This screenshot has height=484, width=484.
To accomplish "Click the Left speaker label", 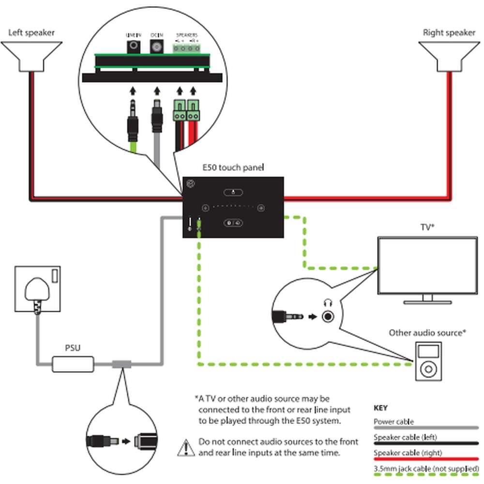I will (x=31, y=33).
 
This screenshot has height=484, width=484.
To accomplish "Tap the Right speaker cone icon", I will (x=449, y=56).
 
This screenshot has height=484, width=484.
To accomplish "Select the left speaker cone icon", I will (x=31, y=56).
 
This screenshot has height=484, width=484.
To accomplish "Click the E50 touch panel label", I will (x=233, y=168).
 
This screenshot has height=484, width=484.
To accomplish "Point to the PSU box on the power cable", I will (x=73, y=364).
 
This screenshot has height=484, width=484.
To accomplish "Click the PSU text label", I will (x=73, y=348).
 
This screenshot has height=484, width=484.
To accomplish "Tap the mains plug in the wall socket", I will (x=37, y=290).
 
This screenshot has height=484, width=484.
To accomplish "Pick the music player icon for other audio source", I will (x=428, y=362).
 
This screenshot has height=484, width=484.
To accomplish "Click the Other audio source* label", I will (x=427, y=333).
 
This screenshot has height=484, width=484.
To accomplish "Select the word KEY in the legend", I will (x=381, y=408).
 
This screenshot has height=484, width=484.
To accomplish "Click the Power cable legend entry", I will (x=393, y=422).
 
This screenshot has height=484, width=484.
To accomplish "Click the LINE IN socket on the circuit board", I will (x=133, y=46).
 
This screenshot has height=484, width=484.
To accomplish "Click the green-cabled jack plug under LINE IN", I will (x=133, y=123).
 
